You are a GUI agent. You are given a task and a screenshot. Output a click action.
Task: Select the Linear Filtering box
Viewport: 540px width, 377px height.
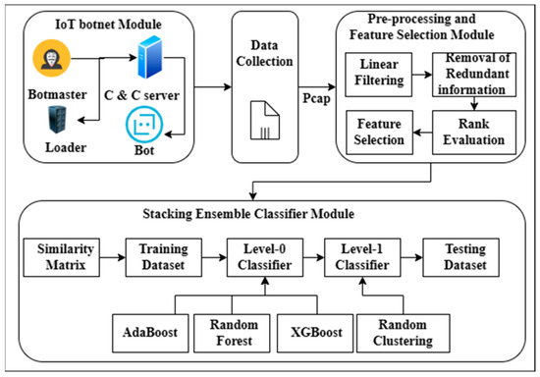click(379, 75)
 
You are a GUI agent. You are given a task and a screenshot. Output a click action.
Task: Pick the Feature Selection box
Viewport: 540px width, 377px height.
click(379, 134)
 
